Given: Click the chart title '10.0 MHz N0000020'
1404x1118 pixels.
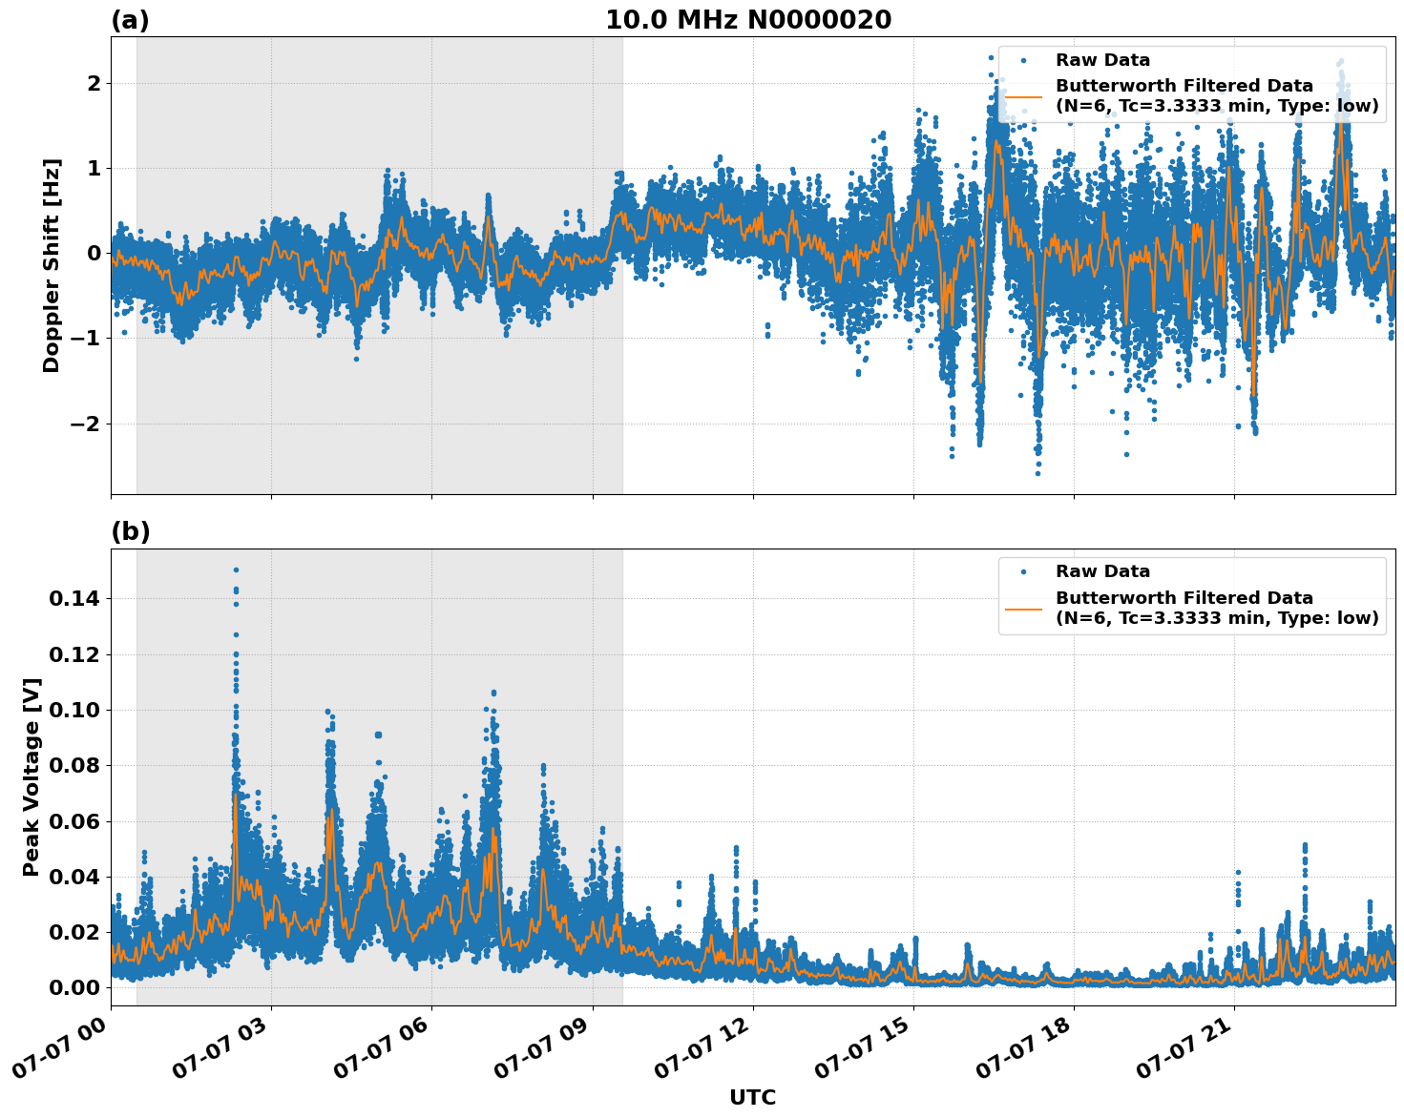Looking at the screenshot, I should coord(747,20).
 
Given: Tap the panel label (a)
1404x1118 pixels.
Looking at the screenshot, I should coord(130,20).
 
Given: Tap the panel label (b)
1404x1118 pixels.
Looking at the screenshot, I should coord(130,531).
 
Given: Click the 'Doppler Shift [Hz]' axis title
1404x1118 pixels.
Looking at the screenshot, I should coord(52,265).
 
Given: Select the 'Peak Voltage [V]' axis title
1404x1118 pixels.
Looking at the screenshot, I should coord(31,776).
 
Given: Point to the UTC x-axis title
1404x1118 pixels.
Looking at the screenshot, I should coord(752,1097).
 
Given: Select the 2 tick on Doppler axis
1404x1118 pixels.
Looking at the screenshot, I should coord(94,84).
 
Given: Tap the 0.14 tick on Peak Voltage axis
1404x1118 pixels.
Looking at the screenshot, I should coord(74,599).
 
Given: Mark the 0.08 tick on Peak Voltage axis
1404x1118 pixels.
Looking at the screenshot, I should coord(74,766).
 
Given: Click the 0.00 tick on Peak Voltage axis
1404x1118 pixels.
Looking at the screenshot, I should coord(74,987).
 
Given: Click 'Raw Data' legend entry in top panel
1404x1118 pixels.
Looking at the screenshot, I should coord(1102,60).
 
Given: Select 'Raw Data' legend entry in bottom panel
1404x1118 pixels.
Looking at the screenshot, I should coord(1102,571).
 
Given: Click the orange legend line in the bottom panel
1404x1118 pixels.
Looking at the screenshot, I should coord(1023,608).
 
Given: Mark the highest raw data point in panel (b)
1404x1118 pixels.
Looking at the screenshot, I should coord(236,569).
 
